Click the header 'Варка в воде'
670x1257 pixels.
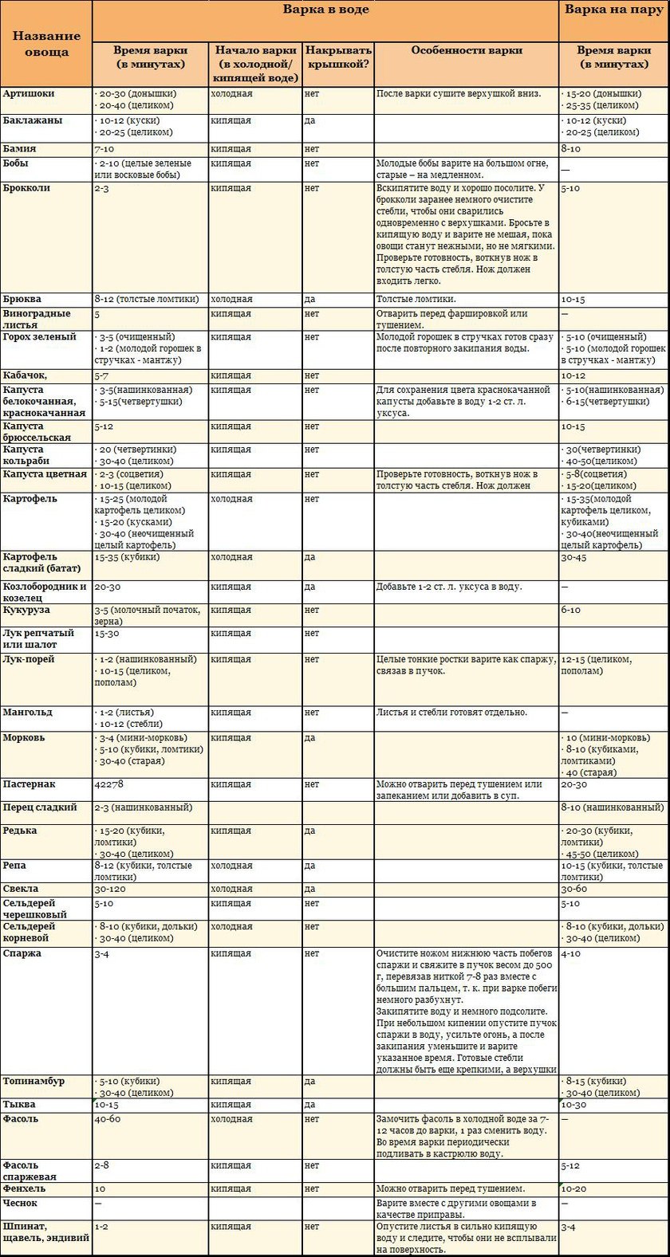click(x=325, y=10)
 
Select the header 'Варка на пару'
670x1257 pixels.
click(x=613, y=10)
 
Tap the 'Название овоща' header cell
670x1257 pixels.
click(x=46, y=44)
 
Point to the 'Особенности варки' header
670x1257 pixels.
click(x=467, y=50)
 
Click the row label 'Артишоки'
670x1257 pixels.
click(x=29, y=94)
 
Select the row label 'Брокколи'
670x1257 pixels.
click(x=26, y=188)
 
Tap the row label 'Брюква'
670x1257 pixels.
click(x=22, y=300)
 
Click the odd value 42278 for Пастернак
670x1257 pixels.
click(x=108, y=784)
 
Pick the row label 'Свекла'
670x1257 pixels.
click(x=21, y=889)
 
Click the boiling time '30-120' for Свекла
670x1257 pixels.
click(x=111, y=889)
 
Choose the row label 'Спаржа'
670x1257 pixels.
click(x=22, y=953)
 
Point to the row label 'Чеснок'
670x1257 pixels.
click(x=20, y=1204)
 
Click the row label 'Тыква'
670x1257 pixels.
click(x=19, y=1105)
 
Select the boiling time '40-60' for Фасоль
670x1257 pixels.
click(x=108, y=1119)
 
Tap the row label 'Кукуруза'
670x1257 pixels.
click(x=26, y=611)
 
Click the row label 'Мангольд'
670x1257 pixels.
click(x=28, y=713)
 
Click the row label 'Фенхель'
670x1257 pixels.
click(x=24, y=1188)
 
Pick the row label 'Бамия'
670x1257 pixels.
click(x=19, y=149)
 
